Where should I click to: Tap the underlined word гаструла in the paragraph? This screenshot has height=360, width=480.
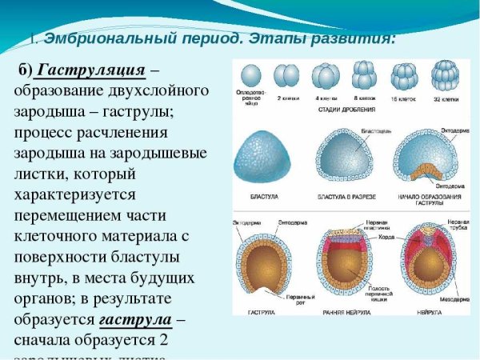pos(135,321)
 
